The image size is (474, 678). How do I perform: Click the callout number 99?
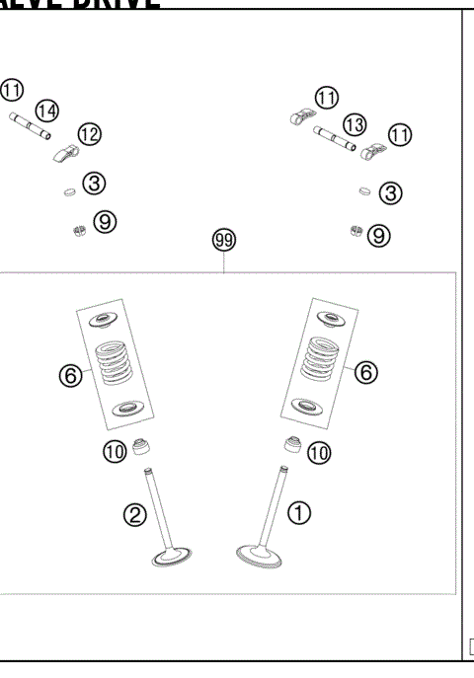tap(225, 240)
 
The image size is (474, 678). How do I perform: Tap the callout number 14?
tap(47, 110)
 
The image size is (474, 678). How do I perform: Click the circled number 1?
tap(298, 512)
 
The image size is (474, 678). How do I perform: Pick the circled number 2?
tap(135, 514)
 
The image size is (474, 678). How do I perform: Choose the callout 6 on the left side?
tap(69, 375)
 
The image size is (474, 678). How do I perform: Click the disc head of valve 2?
tap(177, 559)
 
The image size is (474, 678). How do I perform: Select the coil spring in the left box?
tap(113, 362)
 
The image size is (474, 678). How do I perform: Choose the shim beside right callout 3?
tap(364, 190)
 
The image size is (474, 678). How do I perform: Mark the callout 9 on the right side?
tap(379, 235)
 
